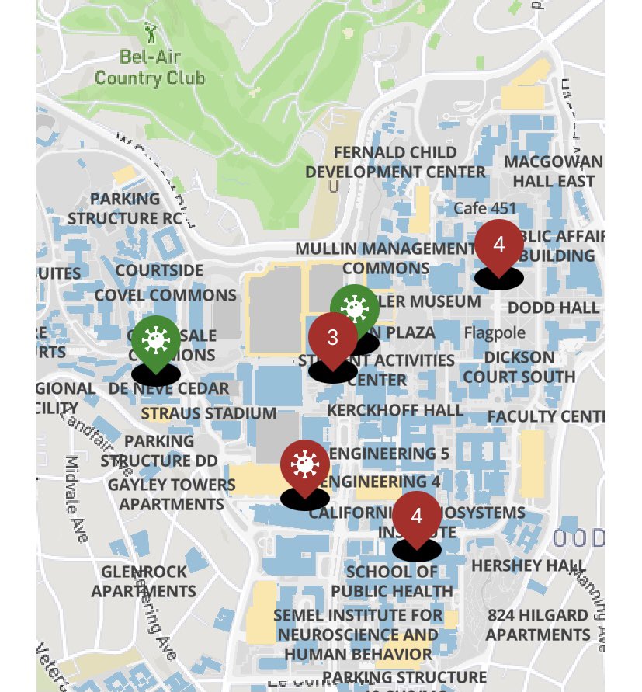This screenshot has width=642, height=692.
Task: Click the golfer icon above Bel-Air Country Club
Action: (x=150, y=33)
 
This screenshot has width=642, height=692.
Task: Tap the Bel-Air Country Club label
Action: (x=150, y=68)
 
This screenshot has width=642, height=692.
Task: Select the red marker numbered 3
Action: (x=333, y=339)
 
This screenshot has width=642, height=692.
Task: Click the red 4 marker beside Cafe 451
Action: (x=498, y=245)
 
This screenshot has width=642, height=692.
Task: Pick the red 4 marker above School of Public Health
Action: (x=417, y=516)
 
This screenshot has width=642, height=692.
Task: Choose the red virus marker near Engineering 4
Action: (x=304, y=465)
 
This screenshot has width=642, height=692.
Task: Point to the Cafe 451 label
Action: (x=484, y=208)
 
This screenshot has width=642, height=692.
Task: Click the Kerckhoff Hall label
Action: (x=395, y=409)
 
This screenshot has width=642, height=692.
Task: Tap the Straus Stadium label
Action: (x=209, y=413)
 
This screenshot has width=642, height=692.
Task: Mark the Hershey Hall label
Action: (x=528, y=565)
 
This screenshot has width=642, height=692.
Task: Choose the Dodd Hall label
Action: (x=553, y=308)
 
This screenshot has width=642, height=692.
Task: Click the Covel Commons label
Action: (x=165, y=295)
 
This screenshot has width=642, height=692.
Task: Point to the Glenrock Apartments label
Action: (x=144, y=581)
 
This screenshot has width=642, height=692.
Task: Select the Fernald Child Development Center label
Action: (x=395, y=162)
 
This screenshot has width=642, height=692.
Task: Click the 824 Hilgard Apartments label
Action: (x=537, y=624)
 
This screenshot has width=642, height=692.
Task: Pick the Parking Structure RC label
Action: (x=124, y=208)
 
